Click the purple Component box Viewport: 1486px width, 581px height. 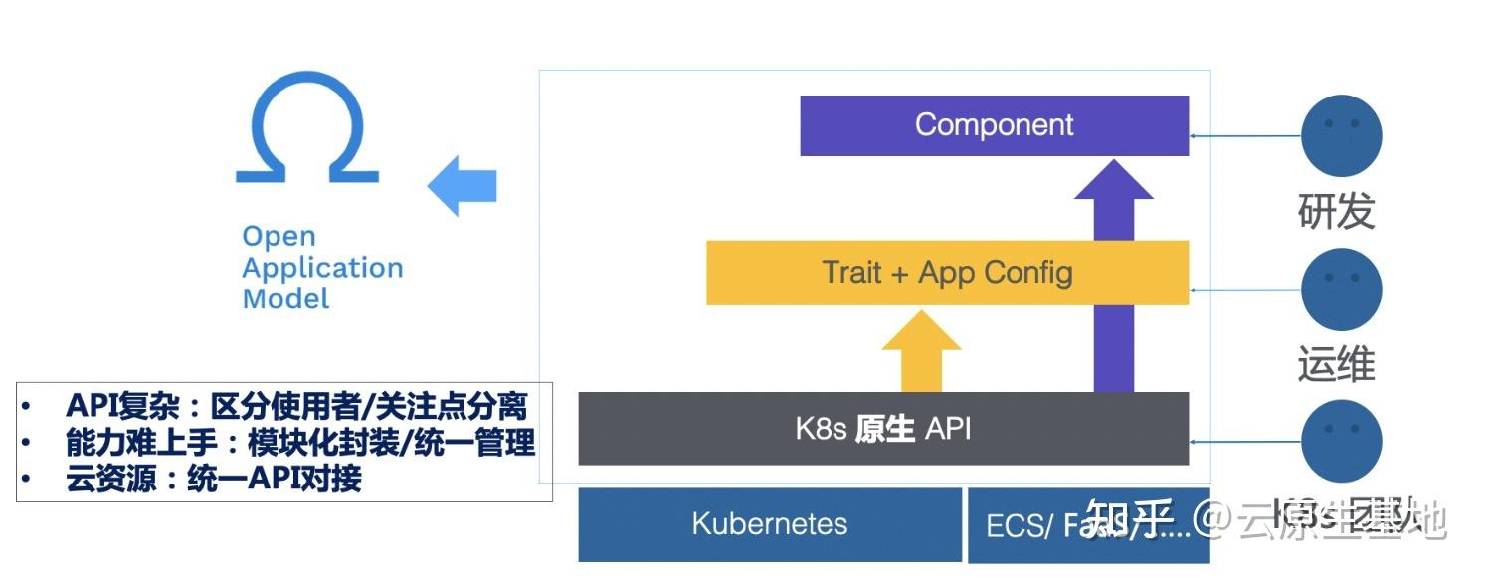(994, 125)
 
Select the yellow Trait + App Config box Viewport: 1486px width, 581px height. (947, 272)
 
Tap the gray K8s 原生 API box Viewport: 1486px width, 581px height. (883, 429)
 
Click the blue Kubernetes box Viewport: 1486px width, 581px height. (770, 524)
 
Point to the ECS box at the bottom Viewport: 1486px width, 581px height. (1024, 525)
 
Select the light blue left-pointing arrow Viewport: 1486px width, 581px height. (463, 185)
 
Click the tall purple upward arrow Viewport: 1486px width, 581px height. (1114, 279)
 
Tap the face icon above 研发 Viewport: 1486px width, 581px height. (1342, 135)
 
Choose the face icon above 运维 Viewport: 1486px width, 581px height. (1342, 290)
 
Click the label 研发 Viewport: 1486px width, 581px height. (1336, 211)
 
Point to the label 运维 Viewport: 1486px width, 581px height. (1336, 365)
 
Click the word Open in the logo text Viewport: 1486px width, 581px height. (279, 237)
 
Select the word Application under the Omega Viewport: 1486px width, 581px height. (322, 268)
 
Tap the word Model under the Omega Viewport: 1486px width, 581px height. (285, 298)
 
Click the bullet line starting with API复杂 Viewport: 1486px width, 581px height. (295, 406)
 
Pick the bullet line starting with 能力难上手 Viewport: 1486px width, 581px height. (300, 442)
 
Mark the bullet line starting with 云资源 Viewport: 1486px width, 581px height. (213, 479)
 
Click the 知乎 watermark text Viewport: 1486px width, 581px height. (1129, 518)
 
